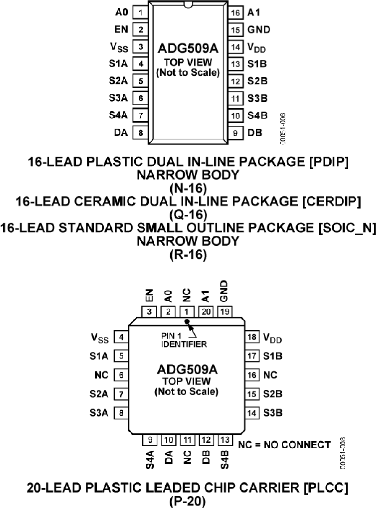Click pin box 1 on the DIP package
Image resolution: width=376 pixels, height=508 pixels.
[140, 13]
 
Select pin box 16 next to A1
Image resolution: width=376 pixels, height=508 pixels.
[236, 13]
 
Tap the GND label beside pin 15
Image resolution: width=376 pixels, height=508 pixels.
[259, 30]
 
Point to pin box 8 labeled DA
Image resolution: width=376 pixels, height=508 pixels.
[140, 133]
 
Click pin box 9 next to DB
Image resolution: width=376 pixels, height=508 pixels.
[236, 133]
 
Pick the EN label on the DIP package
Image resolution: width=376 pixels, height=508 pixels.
[121, 30]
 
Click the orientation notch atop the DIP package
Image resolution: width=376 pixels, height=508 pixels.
[188, 5]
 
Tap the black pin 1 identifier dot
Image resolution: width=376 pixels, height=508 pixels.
[187, 321]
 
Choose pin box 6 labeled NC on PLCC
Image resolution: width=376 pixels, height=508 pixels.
[121, 375]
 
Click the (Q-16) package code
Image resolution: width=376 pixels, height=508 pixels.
[188, 214]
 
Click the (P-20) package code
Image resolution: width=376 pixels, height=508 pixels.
[188, 500]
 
